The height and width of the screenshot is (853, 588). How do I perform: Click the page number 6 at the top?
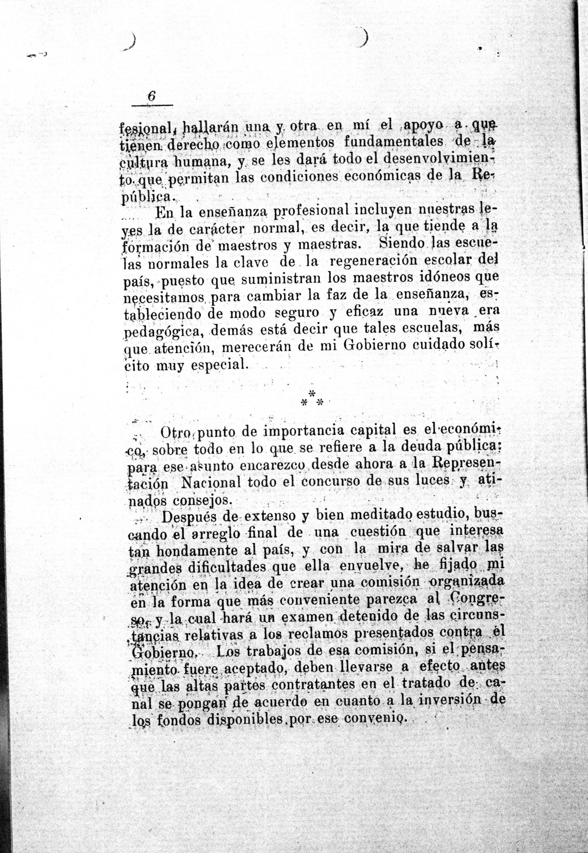pyautogui.click(x=151, y=97)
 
